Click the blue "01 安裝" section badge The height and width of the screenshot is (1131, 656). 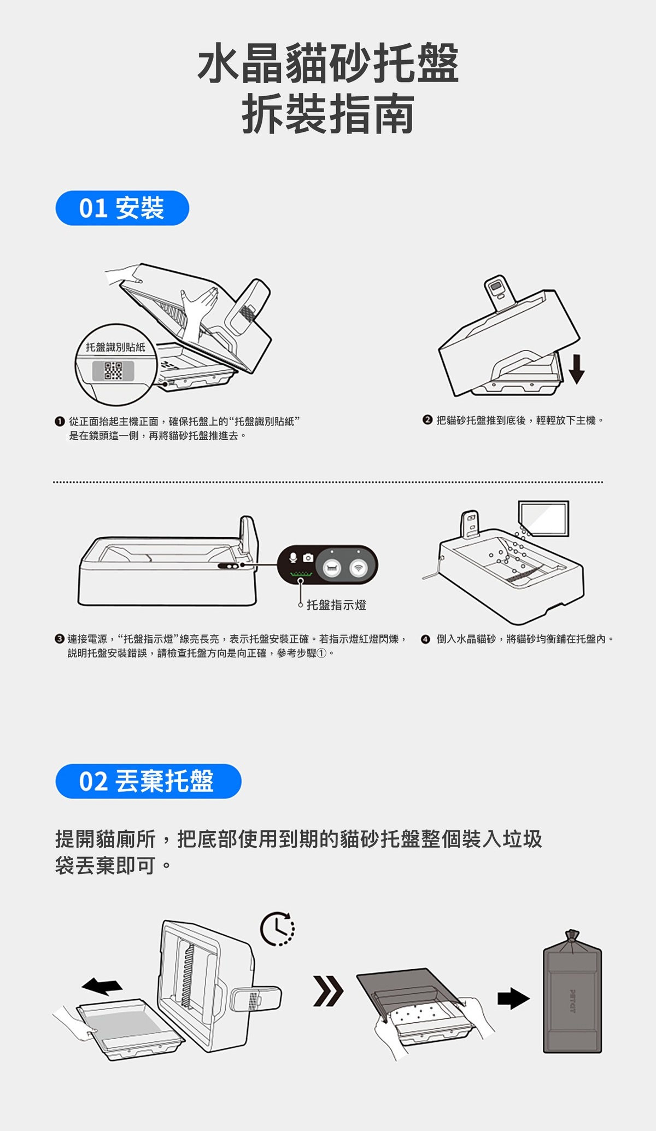(122, 208)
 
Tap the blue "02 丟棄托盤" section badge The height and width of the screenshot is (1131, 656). (148, 781)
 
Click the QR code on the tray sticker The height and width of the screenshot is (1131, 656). (113, 371)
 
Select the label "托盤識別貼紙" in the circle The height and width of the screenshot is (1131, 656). (116, 347)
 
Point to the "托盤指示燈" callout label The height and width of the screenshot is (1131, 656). (336, 605)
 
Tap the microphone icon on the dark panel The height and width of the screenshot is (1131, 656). (293, 557)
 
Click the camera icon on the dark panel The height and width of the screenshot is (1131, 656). (308, 557)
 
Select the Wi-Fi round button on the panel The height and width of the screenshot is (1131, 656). (359, 568)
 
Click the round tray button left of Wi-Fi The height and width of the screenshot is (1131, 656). (331, 568)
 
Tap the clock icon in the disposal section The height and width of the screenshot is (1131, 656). (278, 929)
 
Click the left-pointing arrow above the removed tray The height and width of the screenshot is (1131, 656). (102, 986)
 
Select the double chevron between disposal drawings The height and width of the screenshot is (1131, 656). (329, 992)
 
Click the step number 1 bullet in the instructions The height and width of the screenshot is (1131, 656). (60, 422)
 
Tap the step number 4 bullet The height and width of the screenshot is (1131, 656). (425, 639)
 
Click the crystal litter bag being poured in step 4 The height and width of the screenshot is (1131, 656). (544, 518)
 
